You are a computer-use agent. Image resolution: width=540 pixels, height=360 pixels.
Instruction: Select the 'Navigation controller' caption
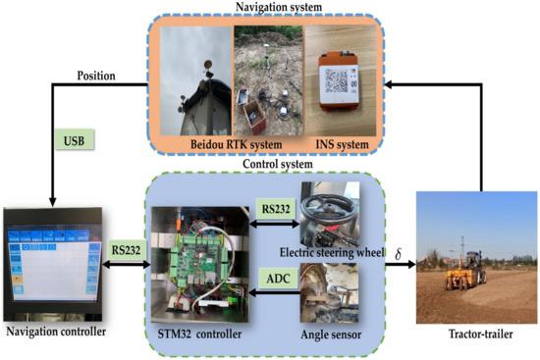[x=55, y=332]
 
